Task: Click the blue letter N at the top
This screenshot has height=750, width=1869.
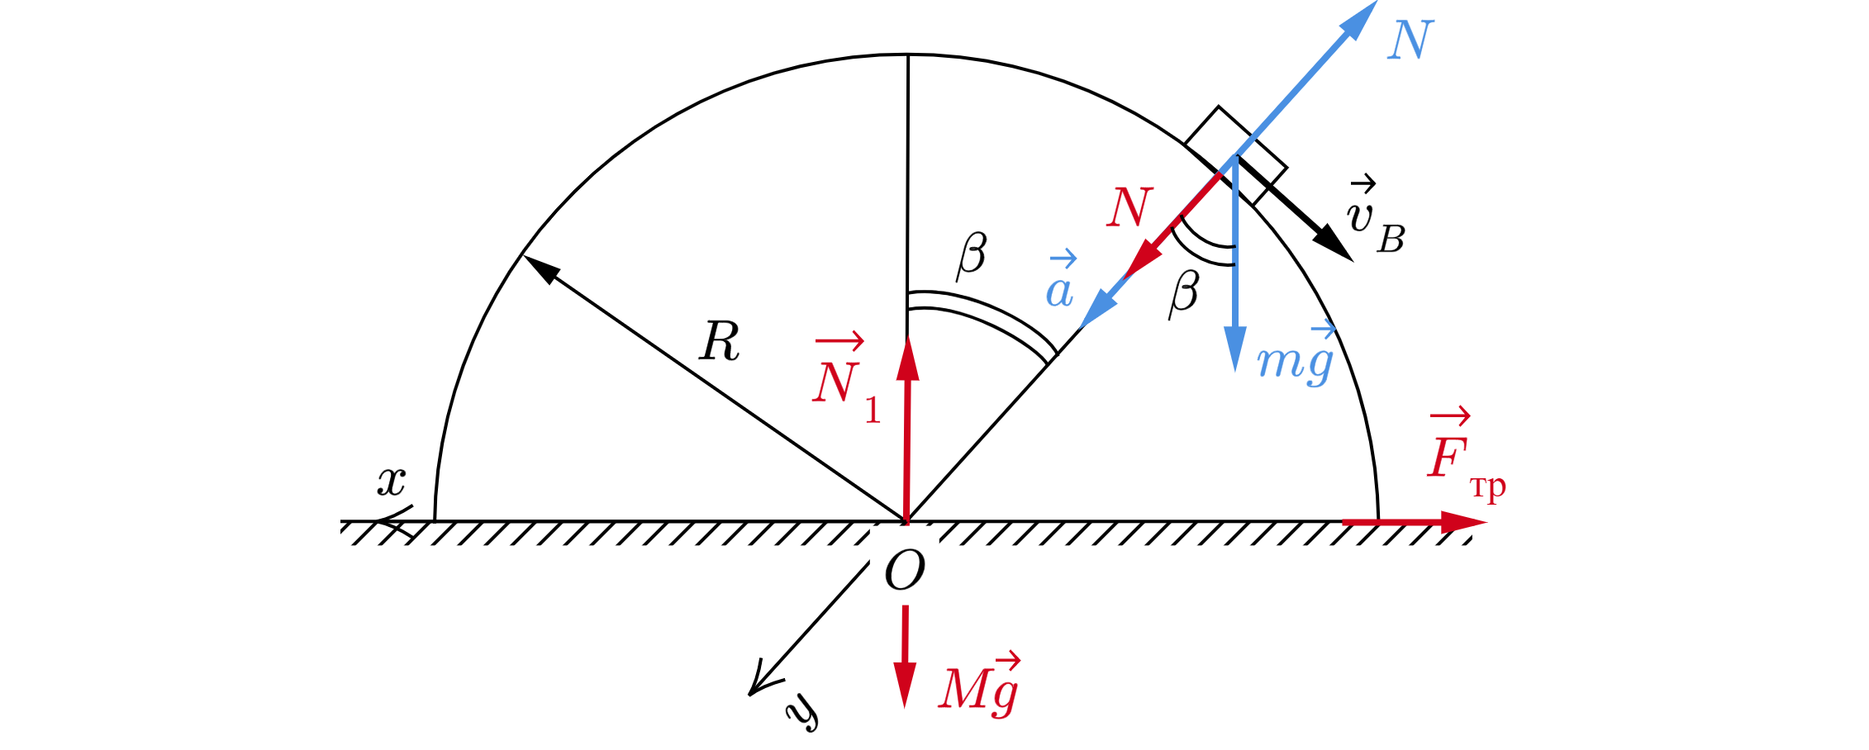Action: [x=1410, y=40]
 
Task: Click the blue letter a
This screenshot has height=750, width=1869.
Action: [x=1059, y=292]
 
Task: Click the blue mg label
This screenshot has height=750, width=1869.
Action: [x=1294, y=361]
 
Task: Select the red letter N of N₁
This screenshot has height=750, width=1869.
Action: [x=835, y=382]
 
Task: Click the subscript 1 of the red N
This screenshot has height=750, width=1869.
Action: [x=873, y=411]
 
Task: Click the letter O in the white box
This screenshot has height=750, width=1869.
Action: [x=904, y=569]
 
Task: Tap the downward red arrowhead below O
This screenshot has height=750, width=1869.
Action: [x=905, y=686]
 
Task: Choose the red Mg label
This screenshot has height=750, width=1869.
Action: [x=977, y=689]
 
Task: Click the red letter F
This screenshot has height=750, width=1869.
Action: [x=1447, y=458]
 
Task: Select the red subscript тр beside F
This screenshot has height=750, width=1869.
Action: [x=1488, y=487]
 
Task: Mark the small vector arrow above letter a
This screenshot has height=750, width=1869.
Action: [x=1063, y=259]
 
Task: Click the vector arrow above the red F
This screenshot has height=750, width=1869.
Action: [x=1450, y=416]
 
